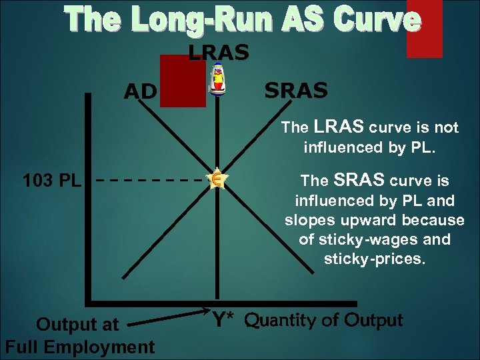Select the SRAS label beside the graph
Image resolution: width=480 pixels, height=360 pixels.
pos(296,90)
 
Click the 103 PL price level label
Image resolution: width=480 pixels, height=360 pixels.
pos(51,181)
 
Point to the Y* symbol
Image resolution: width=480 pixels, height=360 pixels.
pos(226,321)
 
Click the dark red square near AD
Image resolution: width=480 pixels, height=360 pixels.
pos(183,80)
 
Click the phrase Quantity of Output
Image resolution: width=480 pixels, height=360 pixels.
pos(323,321)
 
